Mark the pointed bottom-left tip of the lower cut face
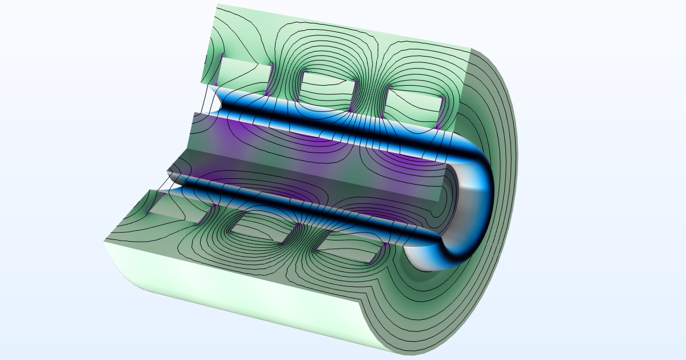(105, 241)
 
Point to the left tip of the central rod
(169, 170)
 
